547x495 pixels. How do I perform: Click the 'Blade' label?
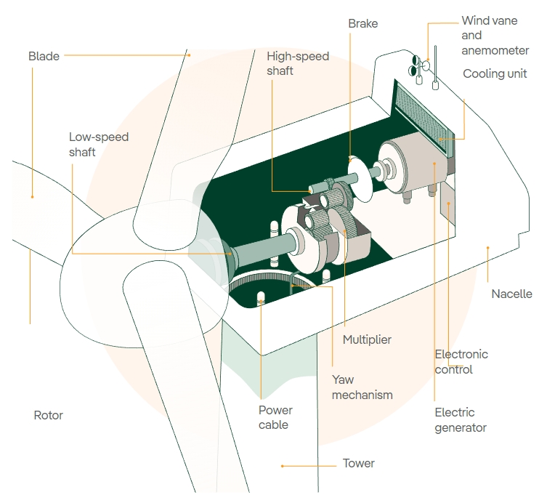pos(44,56)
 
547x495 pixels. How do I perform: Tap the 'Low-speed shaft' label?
pos(99,144)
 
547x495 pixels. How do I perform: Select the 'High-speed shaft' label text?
pos(298,63)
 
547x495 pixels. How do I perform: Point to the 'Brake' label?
pos(362,24)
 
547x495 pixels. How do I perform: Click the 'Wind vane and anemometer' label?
pos(490,36)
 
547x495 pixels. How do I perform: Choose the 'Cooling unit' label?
pos(495,74)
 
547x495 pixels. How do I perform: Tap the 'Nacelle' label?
pos(511,294)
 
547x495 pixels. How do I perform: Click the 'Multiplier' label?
pos(367,339)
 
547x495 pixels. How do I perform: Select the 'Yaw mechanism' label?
pos(362,387)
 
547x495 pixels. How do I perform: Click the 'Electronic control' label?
pos(461,362)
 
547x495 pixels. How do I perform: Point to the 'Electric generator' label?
pos(461,420)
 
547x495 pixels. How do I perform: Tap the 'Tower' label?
pos(358,463)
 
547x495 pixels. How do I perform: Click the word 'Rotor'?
pos(49,416)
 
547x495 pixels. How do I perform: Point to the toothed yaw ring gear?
pos(276,284)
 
